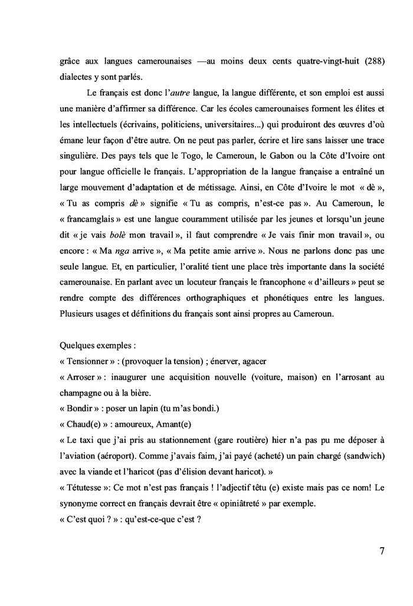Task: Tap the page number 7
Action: click(382, 551)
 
